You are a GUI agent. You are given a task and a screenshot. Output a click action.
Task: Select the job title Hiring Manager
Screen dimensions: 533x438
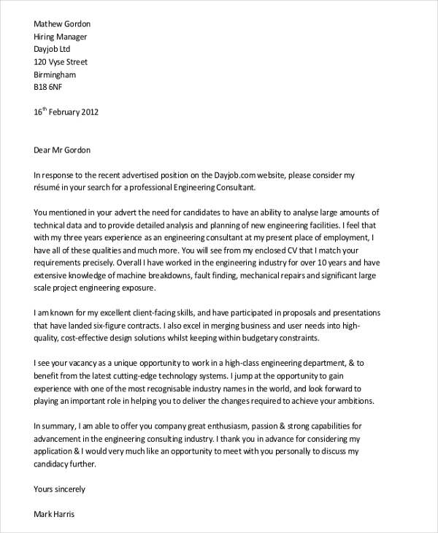pos(61,37)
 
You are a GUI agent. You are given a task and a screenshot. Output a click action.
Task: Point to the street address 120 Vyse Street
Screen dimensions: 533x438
pos(61,62)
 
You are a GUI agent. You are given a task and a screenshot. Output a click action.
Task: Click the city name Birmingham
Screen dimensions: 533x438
pos(55,74)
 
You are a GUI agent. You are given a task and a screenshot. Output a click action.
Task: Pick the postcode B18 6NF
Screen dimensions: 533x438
pos(49,88)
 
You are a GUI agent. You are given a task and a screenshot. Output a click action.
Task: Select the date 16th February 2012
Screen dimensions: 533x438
pos(66,112)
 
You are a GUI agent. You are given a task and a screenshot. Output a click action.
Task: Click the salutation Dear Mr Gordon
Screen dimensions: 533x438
pos(64,150)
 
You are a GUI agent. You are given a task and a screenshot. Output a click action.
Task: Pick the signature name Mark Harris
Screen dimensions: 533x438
pos(54,513)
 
